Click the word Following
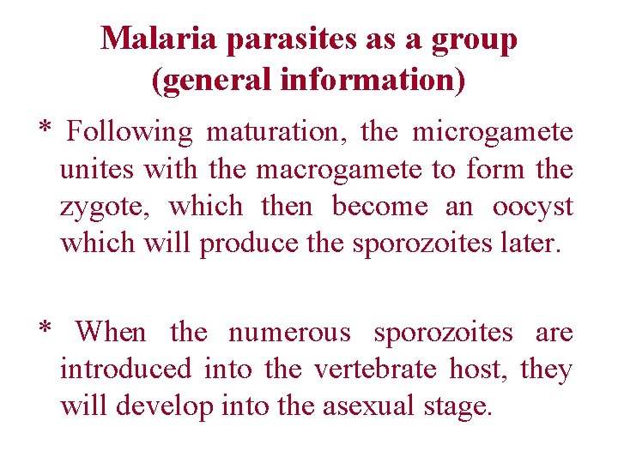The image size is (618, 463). coord(130,133)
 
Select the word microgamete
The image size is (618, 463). coord(493,133)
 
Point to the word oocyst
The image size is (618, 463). coord(532,207)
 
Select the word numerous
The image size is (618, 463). coord(289,332)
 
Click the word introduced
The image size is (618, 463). coord(125,370)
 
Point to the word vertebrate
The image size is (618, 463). coord(377,370)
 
